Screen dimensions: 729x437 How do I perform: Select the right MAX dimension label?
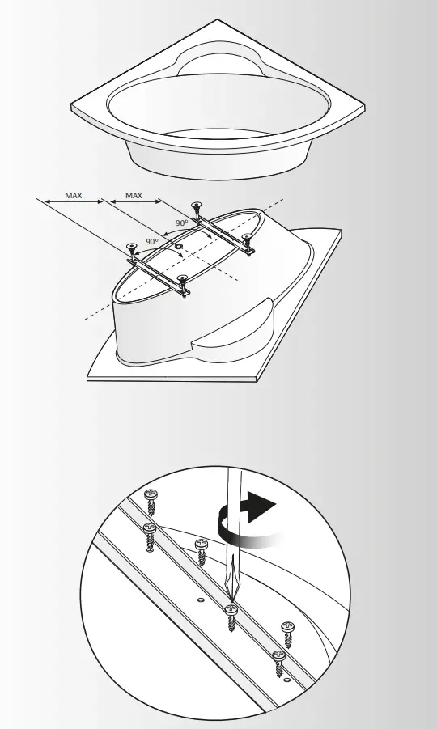pos(134,195)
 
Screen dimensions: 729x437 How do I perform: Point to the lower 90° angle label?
pos(151,241)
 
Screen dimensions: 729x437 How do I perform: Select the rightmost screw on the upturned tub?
pos(248,238)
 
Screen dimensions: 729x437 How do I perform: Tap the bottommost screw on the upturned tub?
pos(185,282)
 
